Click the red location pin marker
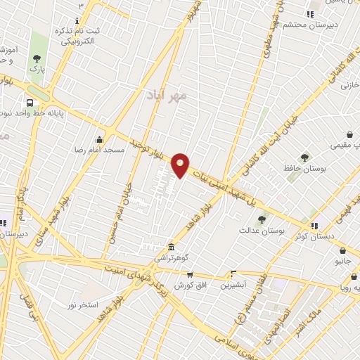(x=181, y=165)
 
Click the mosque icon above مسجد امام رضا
(x=98, y=139)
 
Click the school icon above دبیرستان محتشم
(x=310, y=14)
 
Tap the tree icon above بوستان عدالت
(x=262, y=219)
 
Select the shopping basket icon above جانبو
(x=342, y=250)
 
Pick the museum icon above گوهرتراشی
(x=172, y=247)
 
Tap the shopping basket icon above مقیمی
(x=349, y=134)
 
